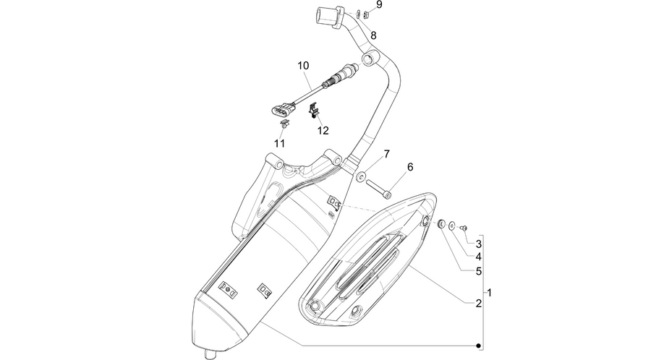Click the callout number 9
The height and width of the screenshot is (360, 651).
click(378, 4)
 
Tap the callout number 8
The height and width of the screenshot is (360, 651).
click(373, 35)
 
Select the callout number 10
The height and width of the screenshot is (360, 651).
click(303, 66)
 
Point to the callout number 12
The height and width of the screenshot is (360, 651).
click(323, 131)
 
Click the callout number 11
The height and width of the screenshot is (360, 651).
click(280, 144)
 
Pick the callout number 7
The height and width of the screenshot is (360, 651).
click(386, 154)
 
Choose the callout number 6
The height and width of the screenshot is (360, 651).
click(410, 167)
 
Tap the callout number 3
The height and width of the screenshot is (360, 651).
click(479, 244)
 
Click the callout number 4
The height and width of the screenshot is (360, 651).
click(479, 257)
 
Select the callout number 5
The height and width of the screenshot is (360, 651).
click(479, 271)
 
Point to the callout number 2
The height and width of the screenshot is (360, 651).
click(479, 304)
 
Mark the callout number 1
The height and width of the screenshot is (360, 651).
click(490, 293)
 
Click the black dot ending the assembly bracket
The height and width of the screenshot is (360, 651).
click(478, 346)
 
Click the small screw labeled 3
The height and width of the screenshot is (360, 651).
click(464, 228)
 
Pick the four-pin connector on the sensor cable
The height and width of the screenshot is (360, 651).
click(281, 111)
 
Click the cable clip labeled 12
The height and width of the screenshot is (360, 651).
click(315, 111)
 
